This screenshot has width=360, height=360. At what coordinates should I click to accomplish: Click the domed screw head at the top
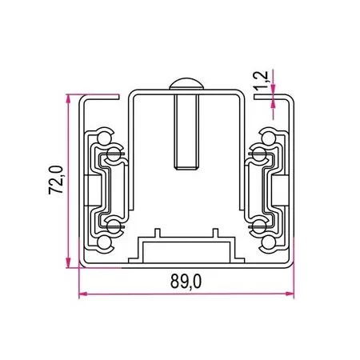(185, 86)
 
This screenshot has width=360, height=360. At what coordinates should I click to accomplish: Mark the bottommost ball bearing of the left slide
(103, 241)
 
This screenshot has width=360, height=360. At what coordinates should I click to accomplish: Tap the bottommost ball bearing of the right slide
(267, 241)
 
